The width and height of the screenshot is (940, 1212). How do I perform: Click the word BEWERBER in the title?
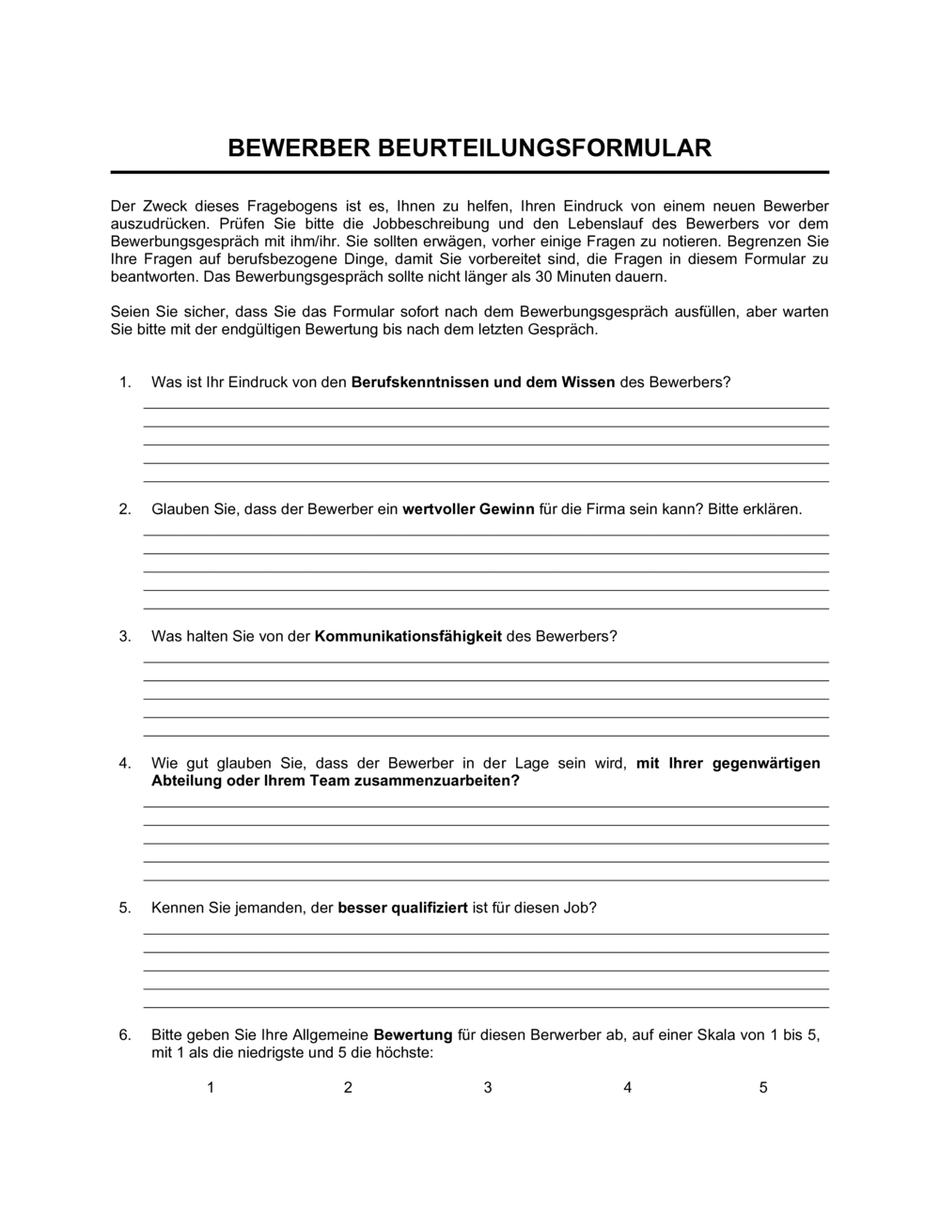[299, 148]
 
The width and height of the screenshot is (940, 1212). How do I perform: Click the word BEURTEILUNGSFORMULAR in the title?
[544, 148]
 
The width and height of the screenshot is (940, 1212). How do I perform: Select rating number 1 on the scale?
[211, 1087]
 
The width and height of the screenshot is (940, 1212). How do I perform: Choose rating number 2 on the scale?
[348, 1087]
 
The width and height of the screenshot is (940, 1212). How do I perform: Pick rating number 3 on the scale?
[488, 1087]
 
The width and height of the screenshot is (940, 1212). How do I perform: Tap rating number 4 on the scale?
[627, 1087]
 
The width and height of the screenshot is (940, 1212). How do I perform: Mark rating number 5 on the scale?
[763, 1087]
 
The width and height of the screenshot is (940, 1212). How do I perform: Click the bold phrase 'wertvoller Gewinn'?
[468, 509]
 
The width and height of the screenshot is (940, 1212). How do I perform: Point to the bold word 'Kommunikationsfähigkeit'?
[408, 636]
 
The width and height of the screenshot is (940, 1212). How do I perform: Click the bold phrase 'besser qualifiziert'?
[402, 909]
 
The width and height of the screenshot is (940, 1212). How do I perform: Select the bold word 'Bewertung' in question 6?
[413, 1035]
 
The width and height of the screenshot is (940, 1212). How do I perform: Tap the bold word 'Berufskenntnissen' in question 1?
[420, 382]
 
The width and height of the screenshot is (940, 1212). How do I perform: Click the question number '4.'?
[125, 764]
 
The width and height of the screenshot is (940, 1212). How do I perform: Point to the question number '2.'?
[125, 509]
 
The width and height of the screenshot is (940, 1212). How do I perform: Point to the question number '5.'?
[125, 909]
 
